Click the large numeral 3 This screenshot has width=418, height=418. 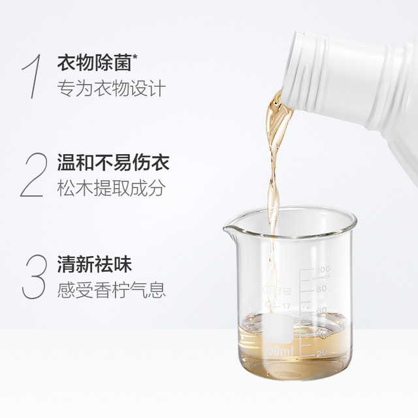point(34,276)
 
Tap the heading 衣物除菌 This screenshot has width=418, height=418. point(94,63)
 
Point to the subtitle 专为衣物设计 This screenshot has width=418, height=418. point(112,88)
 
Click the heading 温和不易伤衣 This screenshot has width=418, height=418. point(113,162)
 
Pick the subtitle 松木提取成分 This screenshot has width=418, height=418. point(110,188)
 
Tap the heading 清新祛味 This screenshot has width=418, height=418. point(95,264)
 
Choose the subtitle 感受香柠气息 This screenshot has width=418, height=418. point(112,290)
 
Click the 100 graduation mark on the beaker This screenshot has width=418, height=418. point(323,269)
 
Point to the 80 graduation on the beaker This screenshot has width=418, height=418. point(321,289)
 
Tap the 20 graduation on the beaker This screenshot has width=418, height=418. point(322,353)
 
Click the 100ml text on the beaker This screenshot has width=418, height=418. point(278,350)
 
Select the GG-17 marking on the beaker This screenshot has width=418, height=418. point(278,305)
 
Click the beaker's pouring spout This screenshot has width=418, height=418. point(229,229)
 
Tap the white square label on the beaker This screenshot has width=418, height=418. point(278,329)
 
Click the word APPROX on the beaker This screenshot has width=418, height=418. point(321,277)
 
